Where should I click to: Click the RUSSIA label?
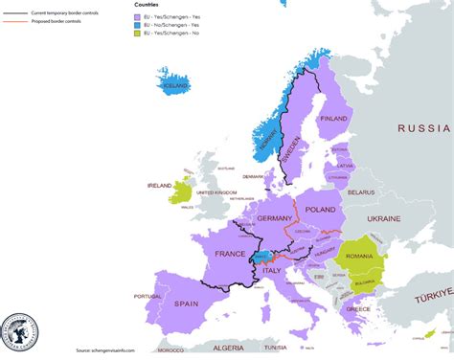pyautogui.click(x=424, y=127)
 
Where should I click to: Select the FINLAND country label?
pyautogui.click(x=333, y=119)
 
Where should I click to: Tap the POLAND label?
pyautogui.click(x=320, y=209)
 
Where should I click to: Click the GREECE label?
pyautogui.click(x=357, y=309)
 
